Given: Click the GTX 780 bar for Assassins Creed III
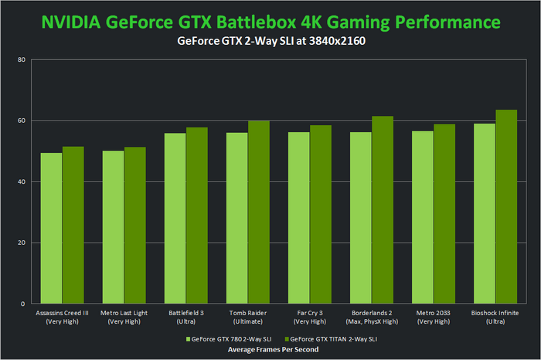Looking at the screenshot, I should click(x=52, y=228).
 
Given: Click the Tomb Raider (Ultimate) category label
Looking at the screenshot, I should click(x=247, y=317).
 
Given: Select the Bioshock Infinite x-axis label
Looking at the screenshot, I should click(x=495, y=317).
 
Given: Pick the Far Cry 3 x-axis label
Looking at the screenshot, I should click(x=309, y=317).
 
